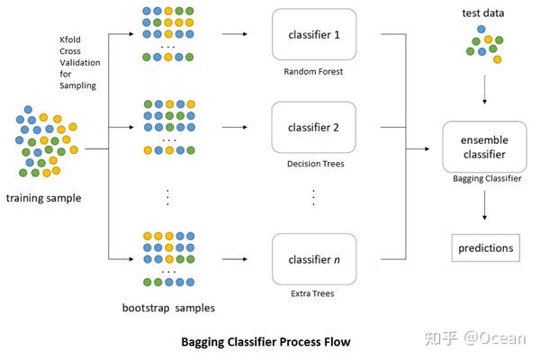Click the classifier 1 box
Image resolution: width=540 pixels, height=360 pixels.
click(x=312, y=36)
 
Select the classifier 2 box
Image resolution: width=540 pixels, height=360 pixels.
click(x=312, y=127)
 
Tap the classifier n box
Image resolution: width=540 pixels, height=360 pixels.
click(x=312, y=259)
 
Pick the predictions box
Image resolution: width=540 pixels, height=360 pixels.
click(x=484, y=247)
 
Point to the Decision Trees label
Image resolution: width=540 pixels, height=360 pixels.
click(x=312, y=165)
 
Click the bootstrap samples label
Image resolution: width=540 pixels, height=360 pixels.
click(x=168, y=308)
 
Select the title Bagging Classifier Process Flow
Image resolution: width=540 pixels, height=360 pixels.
click(x=265, y=342)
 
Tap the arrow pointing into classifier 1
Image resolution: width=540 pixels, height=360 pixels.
click(x=236, y=36)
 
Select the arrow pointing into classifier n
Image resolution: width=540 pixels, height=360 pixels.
click(x=236, y=259)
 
